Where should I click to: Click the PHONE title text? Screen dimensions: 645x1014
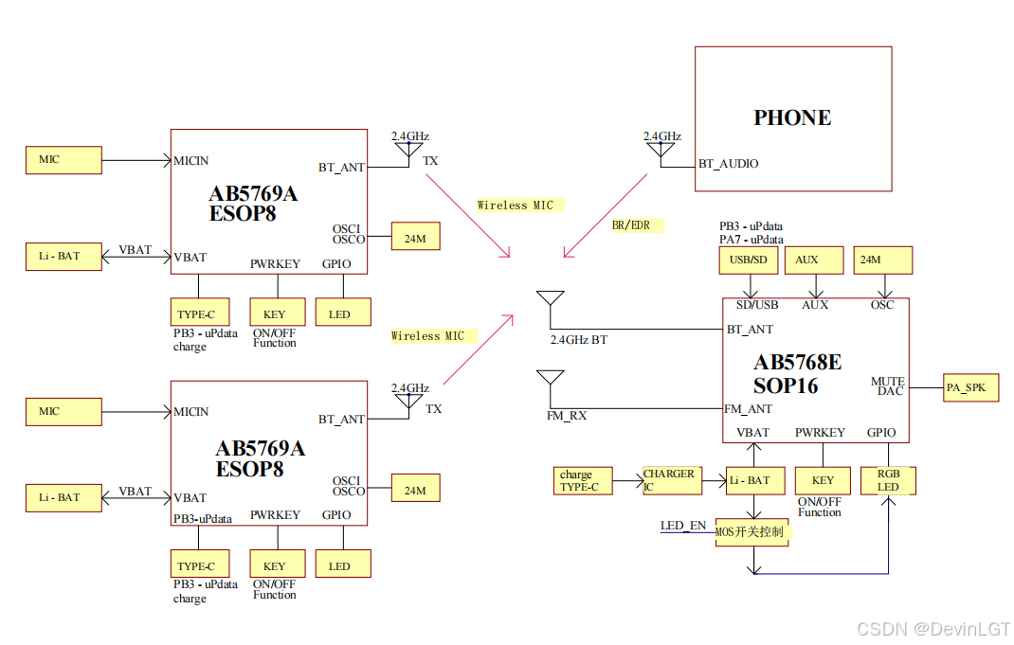792,117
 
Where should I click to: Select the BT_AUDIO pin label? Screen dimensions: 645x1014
728,164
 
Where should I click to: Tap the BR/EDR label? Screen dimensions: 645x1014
631,225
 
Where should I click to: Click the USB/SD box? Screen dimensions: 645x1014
749,260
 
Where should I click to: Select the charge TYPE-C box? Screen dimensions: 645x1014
583,480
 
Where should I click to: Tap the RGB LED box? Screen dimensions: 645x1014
888,480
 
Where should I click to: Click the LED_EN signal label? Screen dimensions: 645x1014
682,526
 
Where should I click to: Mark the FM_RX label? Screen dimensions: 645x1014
567,416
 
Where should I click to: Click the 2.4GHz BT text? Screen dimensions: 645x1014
579,339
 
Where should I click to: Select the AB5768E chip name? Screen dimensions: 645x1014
797,362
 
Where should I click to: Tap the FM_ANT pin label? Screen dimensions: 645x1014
749,409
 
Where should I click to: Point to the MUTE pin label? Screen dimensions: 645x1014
888,382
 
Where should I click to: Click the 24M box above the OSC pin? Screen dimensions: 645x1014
884,260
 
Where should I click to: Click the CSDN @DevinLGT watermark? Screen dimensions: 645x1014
933,629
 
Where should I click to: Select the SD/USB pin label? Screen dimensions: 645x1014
757,305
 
